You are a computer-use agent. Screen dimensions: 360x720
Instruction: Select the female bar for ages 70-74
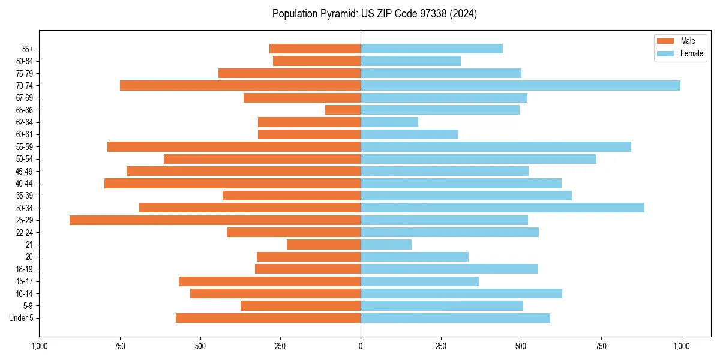[x=520, y=85]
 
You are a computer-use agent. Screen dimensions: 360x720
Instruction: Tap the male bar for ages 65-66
[x=343, y=110]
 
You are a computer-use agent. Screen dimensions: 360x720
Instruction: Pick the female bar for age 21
[x=386, y=245]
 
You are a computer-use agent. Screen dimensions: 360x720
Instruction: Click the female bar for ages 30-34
[x=502, y=208]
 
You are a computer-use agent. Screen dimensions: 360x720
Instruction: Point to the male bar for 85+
[x=315, y=49]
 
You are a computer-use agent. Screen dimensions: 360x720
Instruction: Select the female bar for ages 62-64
[x=389, y=122]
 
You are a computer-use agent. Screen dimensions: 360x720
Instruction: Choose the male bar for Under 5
[x=268, y=318]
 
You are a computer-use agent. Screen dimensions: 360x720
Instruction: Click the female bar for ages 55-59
[x=496, y=146]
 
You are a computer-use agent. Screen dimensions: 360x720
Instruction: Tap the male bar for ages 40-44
[x=232, y=183]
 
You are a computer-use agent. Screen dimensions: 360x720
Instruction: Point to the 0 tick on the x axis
[x=361, y=346]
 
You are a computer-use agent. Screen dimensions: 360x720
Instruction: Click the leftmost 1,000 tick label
[x=40, y=346]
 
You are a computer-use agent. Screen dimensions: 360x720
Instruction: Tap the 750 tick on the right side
[x=601, y=346]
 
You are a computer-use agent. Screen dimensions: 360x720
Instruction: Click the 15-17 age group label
[x=25, y=281]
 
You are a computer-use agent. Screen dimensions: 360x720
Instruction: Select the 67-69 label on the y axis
[x=25, y=98]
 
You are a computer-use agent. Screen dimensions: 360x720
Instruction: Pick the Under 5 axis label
[x=21, y=318]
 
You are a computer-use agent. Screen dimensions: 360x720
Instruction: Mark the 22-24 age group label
[x=25, y=233]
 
